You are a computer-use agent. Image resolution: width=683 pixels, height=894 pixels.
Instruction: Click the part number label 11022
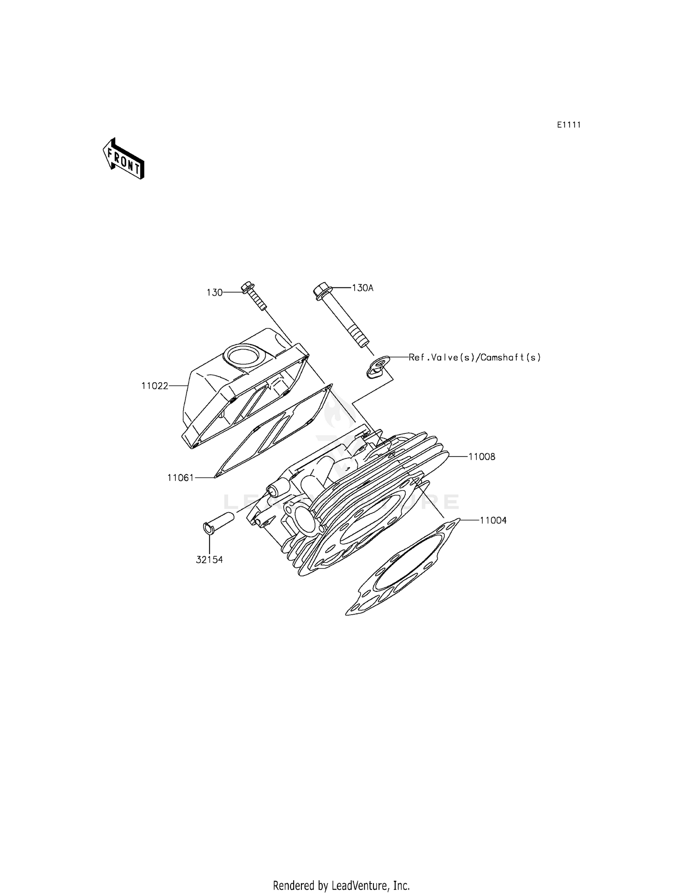coord(154,386)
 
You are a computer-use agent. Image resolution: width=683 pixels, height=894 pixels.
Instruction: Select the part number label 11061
coord(180,478)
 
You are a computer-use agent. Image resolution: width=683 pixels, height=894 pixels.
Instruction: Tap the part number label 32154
coord(209,560)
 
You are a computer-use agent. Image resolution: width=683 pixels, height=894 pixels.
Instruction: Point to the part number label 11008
coord(482,456)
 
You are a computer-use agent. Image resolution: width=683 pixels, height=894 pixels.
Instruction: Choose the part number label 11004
coord(493,520)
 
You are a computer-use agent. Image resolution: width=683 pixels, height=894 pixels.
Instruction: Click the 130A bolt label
coord(362,288)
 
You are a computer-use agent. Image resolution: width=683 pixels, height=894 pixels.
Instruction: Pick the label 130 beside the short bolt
coord(214,293)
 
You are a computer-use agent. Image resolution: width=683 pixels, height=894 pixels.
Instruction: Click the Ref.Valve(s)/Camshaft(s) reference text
coord(474,357)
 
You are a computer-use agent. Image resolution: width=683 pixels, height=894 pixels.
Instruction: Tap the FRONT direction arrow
coord(123,158)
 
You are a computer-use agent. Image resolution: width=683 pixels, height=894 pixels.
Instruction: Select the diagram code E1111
coord(569,125)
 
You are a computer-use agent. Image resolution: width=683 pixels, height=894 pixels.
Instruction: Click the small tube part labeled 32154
coord(218,522)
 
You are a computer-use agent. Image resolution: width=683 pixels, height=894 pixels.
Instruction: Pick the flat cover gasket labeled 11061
coord(273,433)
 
